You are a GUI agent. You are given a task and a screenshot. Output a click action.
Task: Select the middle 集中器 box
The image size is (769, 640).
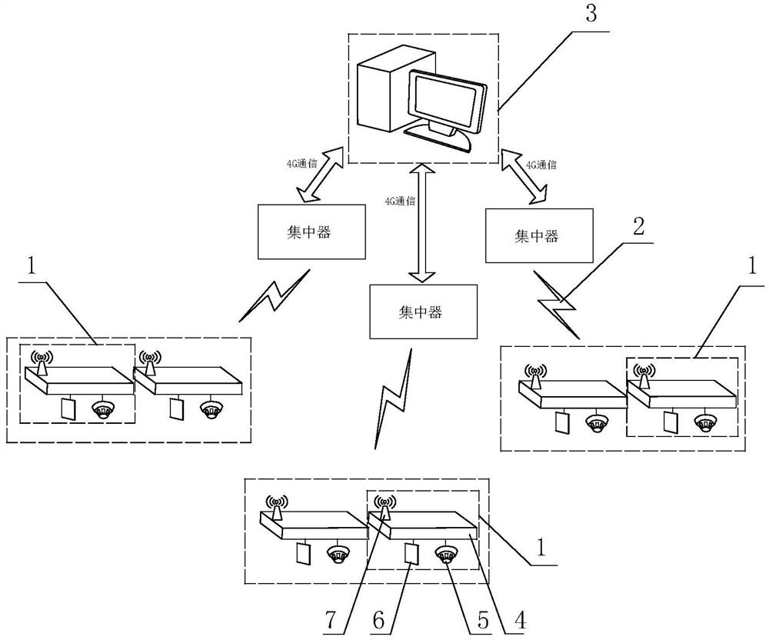420,312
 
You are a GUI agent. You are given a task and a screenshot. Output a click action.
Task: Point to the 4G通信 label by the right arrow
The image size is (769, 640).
541,164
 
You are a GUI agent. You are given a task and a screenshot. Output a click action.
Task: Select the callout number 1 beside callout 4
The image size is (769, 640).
540,547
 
